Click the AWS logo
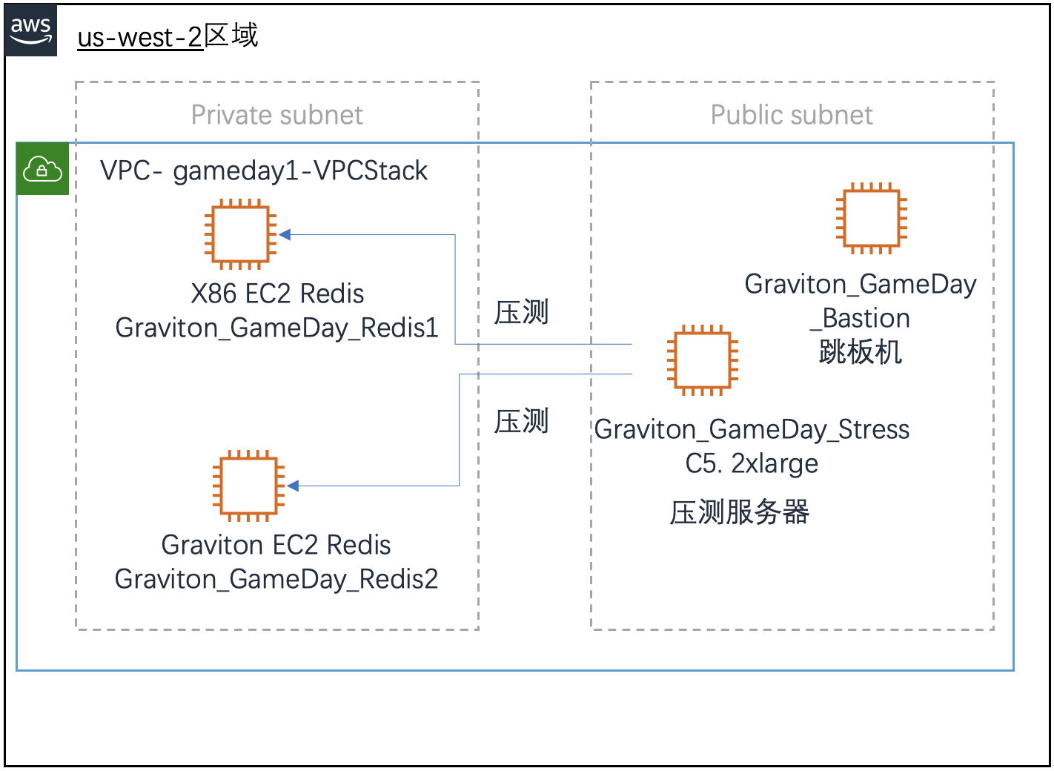(x=31, y=30)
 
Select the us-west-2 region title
(x=168, y=36)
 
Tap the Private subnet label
(x=276, y=115)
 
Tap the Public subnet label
(x=791, y=115)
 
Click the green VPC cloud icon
(x=43, y=170)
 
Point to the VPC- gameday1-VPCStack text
(x=264, y=171)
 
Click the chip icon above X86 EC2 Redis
(x=240, y=234)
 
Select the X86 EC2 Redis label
(x=277, y=294)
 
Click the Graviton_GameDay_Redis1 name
(x=276, y=328)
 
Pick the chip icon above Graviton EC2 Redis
(x=248, y=486)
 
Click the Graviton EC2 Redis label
(x=276, y=545)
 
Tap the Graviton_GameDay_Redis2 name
(x=276, y=579)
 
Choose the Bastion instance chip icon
(x=871, y=218)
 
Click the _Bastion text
(x=860, y=318)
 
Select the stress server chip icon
(x=702, y=360)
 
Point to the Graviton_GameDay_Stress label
(x=752, y=429)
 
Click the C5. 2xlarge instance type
(x=752, y=463)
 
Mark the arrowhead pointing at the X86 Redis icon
(x=285, y=234)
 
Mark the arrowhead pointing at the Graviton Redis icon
(x=293, y=486)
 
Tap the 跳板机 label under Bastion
(x=860, y=352)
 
